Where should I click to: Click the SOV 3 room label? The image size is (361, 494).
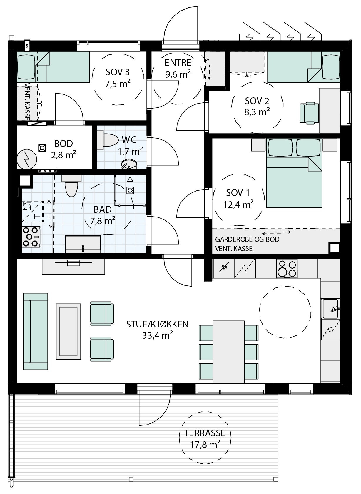[x=118, y=72]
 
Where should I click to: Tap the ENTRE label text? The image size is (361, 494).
[x=178, y=63]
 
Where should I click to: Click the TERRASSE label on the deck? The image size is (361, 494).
[x=205, y=433]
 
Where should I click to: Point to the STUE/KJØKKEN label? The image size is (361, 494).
[x=157, y=324]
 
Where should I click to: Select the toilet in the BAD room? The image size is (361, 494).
[x=71, y=186]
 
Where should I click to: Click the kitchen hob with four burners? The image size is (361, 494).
[x=287, y=268]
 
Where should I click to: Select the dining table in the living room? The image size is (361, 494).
[x=228, y=352]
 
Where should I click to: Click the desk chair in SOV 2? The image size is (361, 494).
[x=309, y=113]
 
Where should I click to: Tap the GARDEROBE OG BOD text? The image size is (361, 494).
[x=247, y=239]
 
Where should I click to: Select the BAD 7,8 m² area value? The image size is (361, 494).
[x=103, y=220]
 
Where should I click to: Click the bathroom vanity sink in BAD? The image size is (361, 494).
[x=83, y=244]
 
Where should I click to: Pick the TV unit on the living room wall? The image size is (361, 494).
[x=73, y=267]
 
